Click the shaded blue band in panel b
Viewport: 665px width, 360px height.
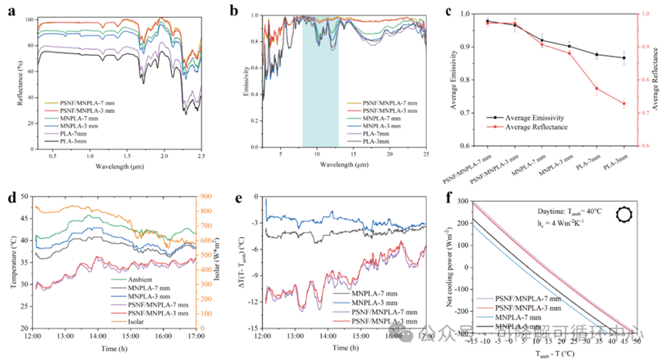[x=320, y=81]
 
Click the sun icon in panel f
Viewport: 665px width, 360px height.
[x=625, y=214]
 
